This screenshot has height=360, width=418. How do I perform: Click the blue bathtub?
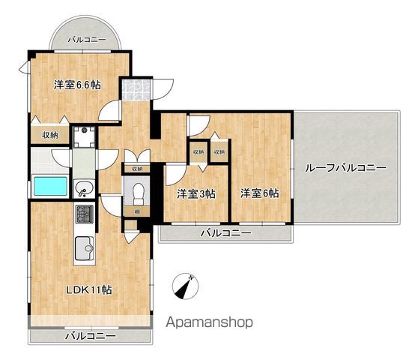click(50, 186)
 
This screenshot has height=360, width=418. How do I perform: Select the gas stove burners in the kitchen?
click(85, 214)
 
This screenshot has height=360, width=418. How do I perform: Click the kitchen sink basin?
click(84, 248)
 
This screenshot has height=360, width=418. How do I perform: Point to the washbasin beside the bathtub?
click(84, 188)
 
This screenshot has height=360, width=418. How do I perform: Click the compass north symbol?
click(185, 286)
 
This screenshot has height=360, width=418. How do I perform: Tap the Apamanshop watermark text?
click(209, 322)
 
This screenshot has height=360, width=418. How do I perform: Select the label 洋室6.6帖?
click(77, 85)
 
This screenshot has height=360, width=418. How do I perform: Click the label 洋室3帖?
click(196, 194)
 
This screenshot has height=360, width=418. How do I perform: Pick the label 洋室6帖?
click(260, 193)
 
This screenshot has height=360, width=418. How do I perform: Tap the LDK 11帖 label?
click(89, 289)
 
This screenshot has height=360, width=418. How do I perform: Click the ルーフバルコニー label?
click(345, 167)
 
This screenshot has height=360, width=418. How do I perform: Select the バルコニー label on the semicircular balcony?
click(87, 40)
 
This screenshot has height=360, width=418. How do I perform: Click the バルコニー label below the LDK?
click(91, 336)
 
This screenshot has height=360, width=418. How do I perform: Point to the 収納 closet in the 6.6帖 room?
click(50, 135)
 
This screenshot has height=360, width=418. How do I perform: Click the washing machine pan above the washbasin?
click(84, 137)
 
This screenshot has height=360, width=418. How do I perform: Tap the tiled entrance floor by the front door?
click(136, 90)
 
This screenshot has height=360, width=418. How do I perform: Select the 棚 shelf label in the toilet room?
click(138, 212)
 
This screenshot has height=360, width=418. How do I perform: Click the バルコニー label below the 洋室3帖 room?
click(225, 233)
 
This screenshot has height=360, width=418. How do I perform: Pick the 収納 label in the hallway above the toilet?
click(137, 169)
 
